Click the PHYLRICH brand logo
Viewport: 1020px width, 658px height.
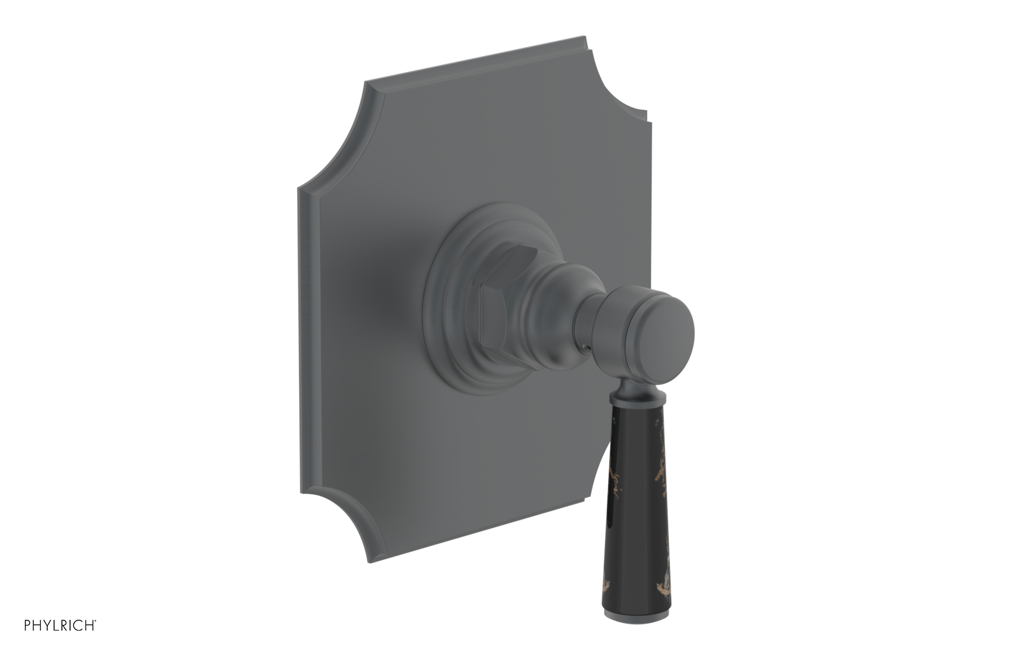tap(60, 625)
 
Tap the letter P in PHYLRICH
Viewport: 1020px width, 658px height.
tap(28, 625)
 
